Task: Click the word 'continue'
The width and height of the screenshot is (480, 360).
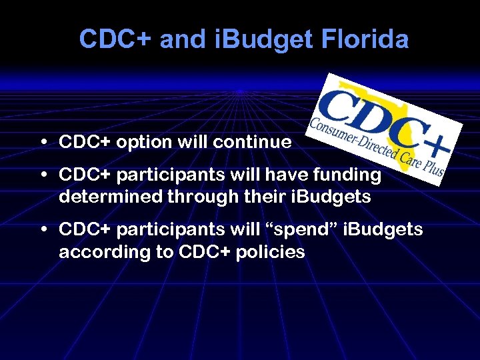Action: pos(253,143)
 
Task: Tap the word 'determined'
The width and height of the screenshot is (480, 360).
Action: pos(112,198)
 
